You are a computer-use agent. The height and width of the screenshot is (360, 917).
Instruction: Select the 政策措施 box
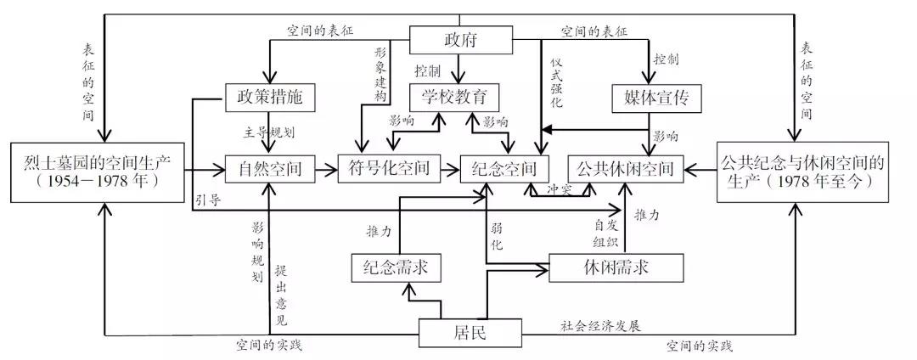point(269,98)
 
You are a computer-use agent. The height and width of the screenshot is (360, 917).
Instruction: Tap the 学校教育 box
point(453,98)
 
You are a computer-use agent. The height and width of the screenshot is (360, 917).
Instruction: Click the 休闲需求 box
point(604,267)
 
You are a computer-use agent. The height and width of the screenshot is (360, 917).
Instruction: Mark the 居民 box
point(469,333)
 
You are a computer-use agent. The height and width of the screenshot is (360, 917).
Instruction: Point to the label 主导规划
point(269,133)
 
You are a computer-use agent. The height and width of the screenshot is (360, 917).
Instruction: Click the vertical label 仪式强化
point(557,81)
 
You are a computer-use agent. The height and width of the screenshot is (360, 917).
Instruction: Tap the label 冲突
point(559,188)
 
